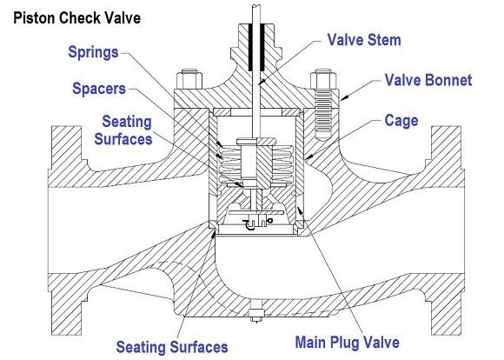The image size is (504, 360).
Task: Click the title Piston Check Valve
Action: [76, 17]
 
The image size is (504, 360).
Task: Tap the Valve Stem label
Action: [364, 40]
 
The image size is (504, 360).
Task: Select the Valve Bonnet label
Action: [428, 80]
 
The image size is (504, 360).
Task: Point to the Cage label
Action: [401, 121]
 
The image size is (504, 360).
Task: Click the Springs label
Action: [93, 52]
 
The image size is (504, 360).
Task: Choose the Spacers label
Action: [99, 89]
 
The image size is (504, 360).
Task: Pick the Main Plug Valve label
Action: [347, 342]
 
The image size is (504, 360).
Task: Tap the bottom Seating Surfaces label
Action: [172, 347]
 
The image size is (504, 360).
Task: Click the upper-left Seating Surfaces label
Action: [123, 130]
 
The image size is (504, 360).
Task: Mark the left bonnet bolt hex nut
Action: [189, 79]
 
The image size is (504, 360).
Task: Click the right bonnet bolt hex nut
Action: [323, 79]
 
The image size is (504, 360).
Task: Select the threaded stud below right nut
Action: [323, 115]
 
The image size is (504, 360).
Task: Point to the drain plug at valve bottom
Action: [255, 314]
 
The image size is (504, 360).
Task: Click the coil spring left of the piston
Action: [230, 165]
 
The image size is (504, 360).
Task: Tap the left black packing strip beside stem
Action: [251, 48]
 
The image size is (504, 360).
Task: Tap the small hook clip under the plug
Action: [249, 225]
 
